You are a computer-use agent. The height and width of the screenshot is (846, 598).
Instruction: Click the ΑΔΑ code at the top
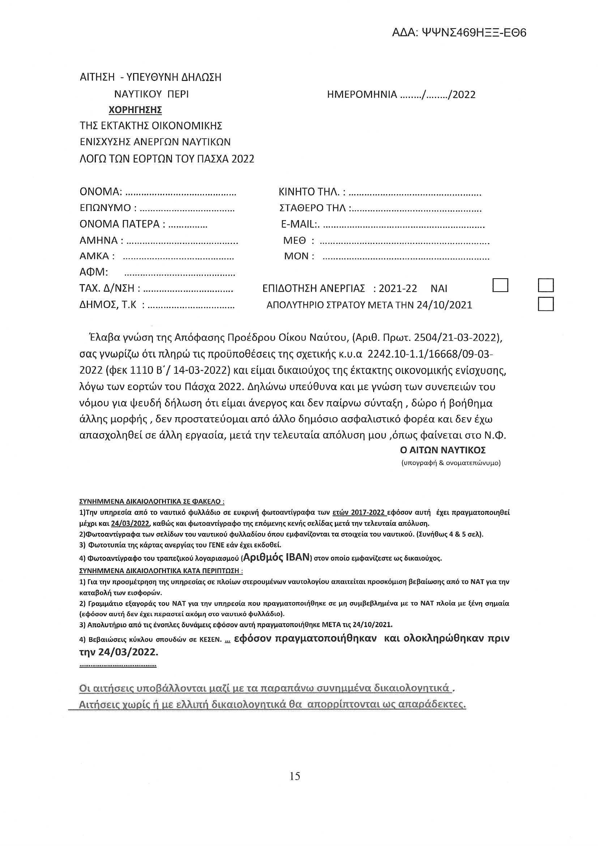459,33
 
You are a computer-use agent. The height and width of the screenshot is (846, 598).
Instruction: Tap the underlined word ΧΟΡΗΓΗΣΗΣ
136,110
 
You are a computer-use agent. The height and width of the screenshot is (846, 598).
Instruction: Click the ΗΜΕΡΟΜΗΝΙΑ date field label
362,95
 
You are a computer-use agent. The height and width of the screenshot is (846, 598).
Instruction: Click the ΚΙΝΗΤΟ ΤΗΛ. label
312,192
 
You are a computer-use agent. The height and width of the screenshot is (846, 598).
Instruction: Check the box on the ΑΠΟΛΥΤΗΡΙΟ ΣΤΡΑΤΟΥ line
546,304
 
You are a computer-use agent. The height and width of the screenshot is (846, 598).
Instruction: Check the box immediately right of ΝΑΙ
500,285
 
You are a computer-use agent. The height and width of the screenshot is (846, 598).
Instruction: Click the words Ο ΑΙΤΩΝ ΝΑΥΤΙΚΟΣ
443,450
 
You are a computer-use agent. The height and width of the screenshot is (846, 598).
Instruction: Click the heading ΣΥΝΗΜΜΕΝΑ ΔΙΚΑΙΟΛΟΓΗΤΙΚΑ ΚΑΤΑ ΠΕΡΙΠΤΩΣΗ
161,571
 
